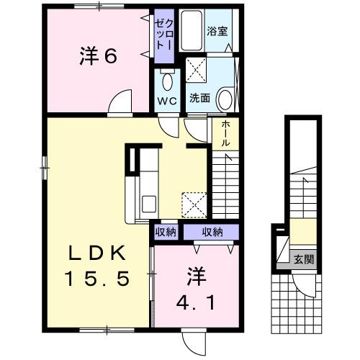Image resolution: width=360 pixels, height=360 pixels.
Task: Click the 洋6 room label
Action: (x=97, y=57)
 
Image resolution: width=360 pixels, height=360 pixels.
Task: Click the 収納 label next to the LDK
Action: (x=166, y=232)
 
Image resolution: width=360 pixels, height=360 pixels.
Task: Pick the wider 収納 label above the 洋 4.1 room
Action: (x=212, y=232)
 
